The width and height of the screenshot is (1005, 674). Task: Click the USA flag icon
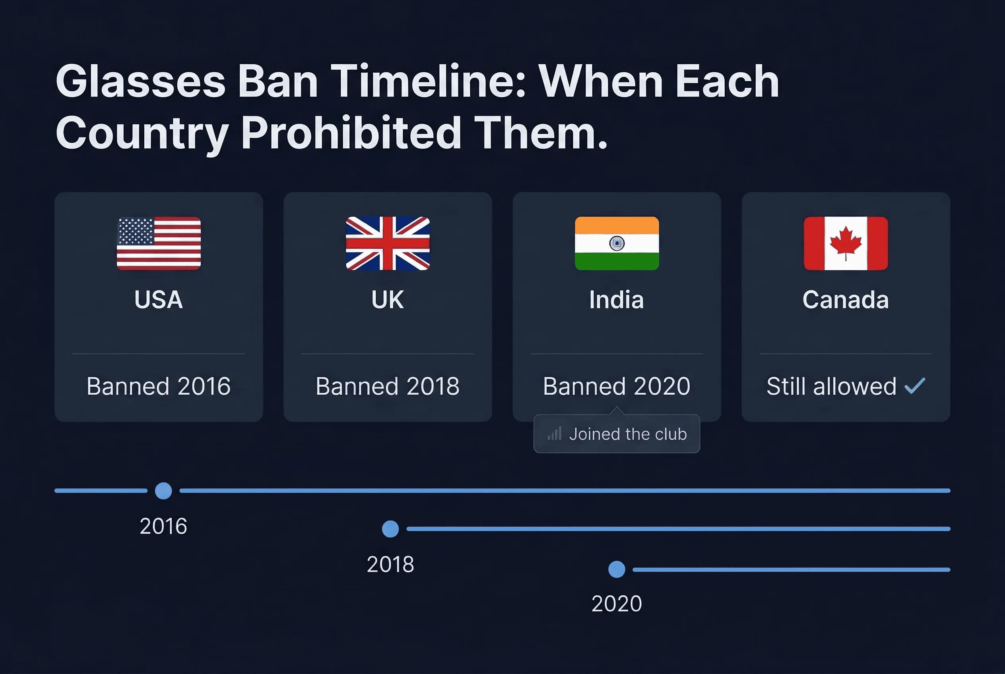click(x=159, y=243)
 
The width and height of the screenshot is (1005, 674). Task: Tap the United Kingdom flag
click(x=388, y=243)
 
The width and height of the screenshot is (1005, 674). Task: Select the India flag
click(x=617, y=243)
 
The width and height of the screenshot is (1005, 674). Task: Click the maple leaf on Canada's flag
click(x=846, y=242)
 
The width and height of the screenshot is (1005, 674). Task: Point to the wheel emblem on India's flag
click(x=617, y=244)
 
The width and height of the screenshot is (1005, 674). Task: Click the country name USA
click(x=159, y=300)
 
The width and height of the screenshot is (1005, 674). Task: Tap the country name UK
click(x=388, y=300)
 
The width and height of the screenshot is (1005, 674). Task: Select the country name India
click(x=616, y=300)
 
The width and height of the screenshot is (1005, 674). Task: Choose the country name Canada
click(x=846, y=300)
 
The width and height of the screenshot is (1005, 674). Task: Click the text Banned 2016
click(x=159, y=386)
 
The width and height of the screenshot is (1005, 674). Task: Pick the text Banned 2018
click(x=388, y=386)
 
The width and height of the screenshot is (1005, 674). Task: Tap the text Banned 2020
click(x=616, y=386)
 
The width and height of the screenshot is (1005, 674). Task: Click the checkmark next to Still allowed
click(x=914, y=386)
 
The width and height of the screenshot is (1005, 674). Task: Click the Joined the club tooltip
click(x=617, y=434)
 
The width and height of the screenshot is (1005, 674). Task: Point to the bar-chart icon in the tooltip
click(x=555, y=434)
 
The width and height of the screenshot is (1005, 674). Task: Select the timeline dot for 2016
click(x=163, y=490)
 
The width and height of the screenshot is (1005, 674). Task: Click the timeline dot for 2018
click(x=390, y=529)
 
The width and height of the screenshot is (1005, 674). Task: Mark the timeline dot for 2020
click(x=617, y=569)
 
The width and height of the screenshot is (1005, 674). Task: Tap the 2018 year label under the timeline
click(x=390, y=564)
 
